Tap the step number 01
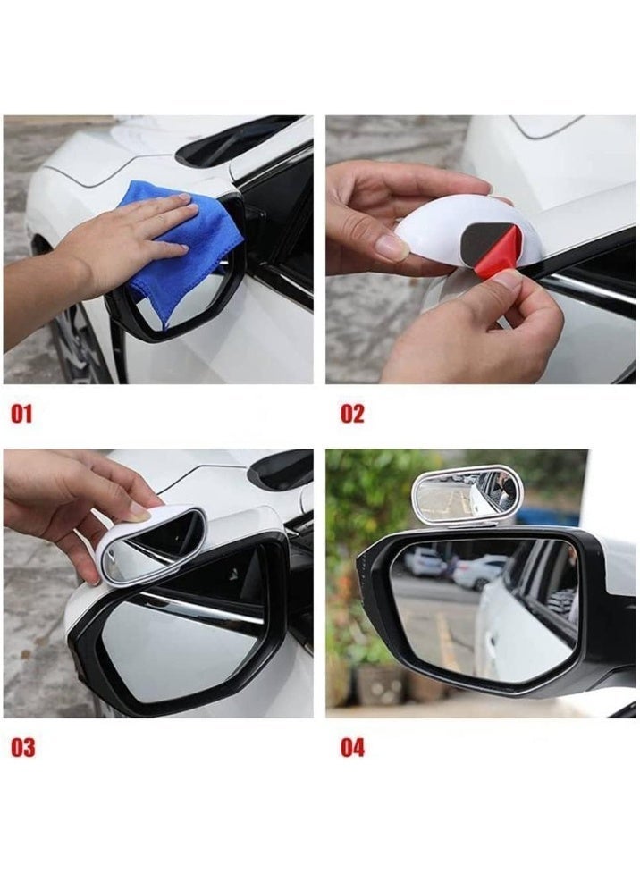21,415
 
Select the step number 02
352,415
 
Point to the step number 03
23,748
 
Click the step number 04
352,748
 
